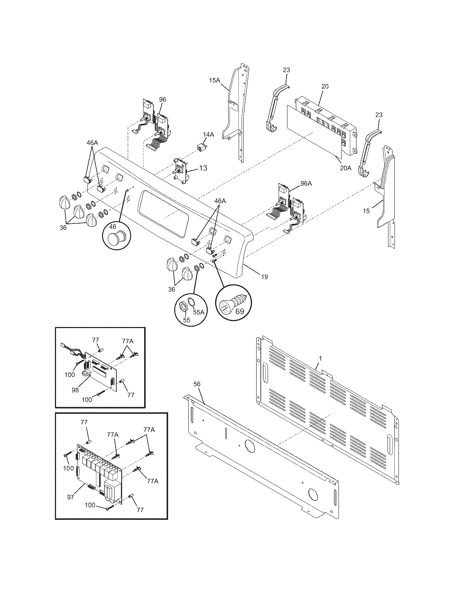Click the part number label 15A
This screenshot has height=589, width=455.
click(214, 80)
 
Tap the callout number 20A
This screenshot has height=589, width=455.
click(345, 168)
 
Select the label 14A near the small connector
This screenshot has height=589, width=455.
click(208, 135)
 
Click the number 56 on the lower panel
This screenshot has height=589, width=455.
click(197, 384)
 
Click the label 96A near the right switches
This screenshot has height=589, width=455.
click(306, 183)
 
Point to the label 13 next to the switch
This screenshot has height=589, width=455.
click(203, 168)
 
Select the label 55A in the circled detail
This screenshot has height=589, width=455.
click(199, 312)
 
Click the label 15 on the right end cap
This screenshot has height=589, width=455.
click(366, 211)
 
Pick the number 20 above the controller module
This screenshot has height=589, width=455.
click(325, 86)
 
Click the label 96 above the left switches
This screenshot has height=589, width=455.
click(162, 100)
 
